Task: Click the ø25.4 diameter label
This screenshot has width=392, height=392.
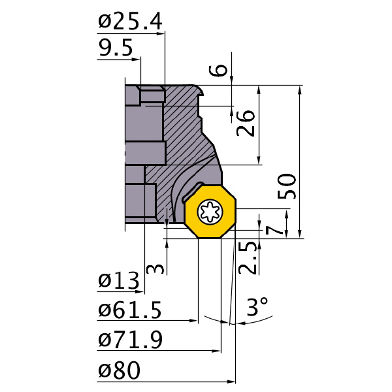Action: click(x=130, y=22)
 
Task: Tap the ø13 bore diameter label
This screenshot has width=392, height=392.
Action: click(x=118, y=280)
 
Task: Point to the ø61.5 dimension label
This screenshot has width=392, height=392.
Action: click(x=130, y=310)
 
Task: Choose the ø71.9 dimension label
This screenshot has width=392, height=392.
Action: click(x=130, y=340)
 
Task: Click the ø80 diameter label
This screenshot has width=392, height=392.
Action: click(x=119, y=370)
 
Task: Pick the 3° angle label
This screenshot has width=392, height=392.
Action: click(x=257, y=306)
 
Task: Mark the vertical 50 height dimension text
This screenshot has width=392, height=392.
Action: click(x=287, y=186)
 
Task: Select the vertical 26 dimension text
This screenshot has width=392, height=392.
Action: click(x=246, y=123)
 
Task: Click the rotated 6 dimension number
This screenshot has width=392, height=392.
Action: click(x=218, y=70)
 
